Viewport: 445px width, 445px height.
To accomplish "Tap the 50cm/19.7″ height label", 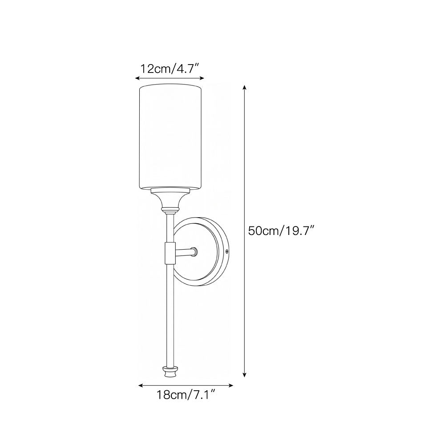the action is coord(281,231).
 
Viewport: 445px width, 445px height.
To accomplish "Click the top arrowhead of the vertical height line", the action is coord(244,87).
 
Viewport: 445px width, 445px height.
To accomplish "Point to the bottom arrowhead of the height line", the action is coord(244,375).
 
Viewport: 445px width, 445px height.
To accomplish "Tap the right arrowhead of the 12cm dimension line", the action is coord(202,78).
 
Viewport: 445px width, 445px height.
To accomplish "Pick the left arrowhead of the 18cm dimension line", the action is coord(141,385).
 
